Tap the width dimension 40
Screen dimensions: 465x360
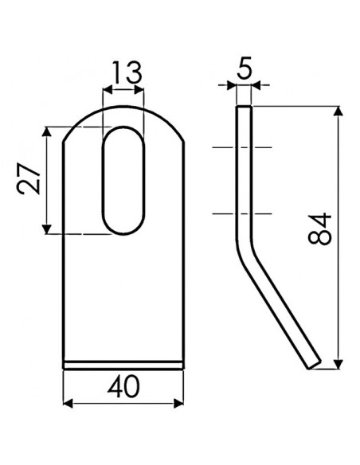click(125, 387)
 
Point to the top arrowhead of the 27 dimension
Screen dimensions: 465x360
click(49, 130)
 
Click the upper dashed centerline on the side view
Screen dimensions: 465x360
click(243, 148)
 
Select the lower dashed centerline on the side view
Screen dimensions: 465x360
click(243, 213)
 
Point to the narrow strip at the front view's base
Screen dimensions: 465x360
click(125, 365)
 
